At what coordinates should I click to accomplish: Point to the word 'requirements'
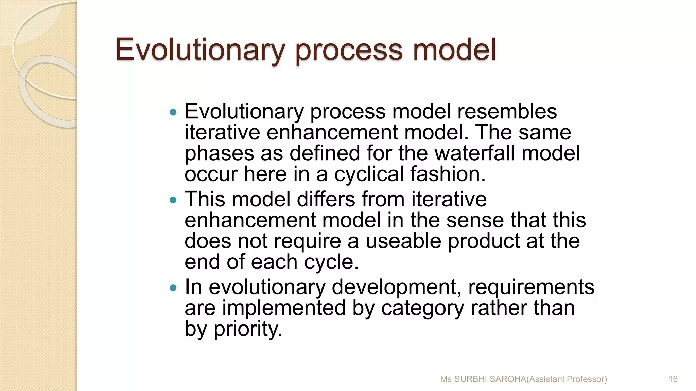point(531,287)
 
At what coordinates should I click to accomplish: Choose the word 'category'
point(422,308)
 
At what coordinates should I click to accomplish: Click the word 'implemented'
point(284,308)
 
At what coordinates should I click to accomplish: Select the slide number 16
point(673,379)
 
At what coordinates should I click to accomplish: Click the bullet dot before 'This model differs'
point(173,200)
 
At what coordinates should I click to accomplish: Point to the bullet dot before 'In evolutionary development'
point(173,288)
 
